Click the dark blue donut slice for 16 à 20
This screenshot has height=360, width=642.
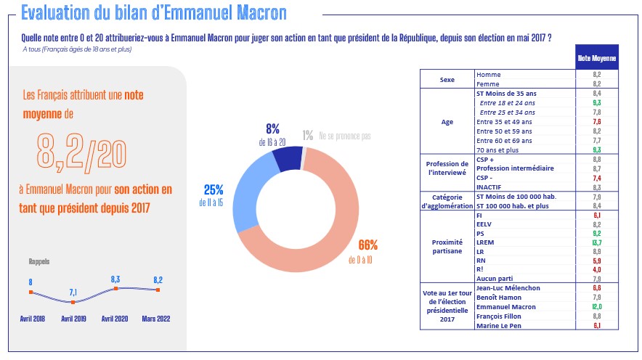click(x=288, y=159)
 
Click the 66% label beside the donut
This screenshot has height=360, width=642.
click(x=367, y=245)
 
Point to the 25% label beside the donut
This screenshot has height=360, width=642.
click(x=214, y=190)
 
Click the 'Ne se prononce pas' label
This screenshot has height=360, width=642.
click(x=345, y=136)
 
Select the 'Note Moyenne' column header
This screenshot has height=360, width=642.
click(x=596, y=58)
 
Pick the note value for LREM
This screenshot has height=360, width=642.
click(x=596, y=242)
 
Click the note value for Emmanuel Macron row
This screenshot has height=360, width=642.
click(x=596, y=307)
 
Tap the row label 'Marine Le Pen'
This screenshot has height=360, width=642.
click(x=499, y=326)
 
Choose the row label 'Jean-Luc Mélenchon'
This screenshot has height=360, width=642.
click(x=508, y=288)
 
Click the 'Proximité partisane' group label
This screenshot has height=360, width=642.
click(x=447, y=247)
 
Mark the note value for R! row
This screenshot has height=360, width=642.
click(x=596, y=269)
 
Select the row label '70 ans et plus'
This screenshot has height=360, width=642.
click(x=497, y=150)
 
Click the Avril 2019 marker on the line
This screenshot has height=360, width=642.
click(x=73, y=303)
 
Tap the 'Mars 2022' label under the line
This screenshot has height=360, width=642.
click(x=156, y=319)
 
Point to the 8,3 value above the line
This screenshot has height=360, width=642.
click(x=115, y=279)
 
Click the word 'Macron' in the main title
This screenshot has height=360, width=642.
click(x=262, y=13)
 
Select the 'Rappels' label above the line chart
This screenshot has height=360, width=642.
click(x=39, y=261)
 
